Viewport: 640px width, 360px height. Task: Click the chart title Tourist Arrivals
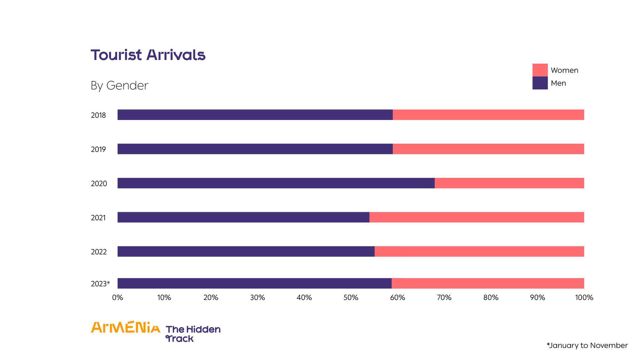(148, 55)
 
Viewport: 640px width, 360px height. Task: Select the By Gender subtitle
(119, 86)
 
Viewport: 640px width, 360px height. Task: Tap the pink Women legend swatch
(540, 70)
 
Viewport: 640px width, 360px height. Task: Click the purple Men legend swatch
(540, 83)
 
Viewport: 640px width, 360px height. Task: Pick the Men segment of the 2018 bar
(255, 115)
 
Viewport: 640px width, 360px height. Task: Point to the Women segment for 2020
(509, 183)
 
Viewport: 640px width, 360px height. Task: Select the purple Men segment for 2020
(276, 183)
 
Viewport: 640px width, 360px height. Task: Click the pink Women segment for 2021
(477, 217)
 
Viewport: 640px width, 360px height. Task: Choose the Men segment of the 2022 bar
(246, 252)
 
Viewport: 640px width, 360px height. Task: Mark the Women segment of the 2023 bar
(487, 283)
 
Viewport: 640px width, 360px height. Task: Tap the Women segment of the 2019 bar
(488, 149)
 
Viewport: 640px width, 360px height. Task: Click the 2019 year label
(98, 149)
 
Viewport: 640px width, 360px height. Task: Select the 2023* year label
(100, 284)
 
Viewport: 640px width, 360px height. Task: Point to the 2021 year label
(98, 218)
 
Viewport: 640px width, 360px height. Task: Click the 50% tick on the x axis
(351, 298)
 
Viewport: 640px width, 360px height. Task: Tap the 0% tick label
(117, 298)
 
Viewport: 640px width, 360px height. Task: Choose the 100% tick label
(584, 298)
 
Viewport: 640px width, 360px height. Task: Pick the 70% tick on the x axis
(444, 298)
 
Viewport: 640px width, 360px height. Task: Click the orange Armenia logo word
(125, 327)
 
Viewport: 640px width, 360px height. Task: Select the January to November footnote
(587, 345)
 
